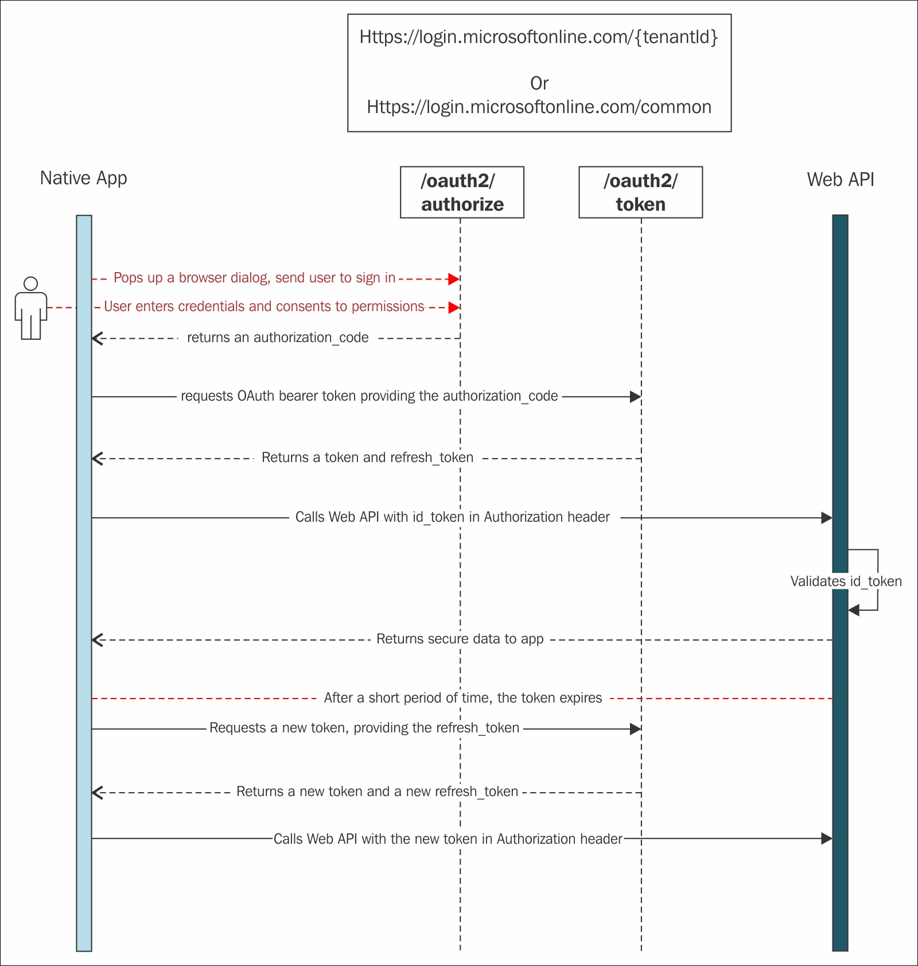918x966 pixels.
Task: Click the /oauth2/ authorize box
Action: pyautogui.click(x=462, y=192)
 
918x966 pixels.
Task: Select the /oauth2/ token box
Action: pyautogui.click(x=640, y=192)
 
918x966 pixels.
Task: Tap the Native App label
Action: pyautogui.click(x=84, y=179)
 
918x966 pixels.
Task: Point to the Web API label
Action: pyautogui.click(x=841, y=180)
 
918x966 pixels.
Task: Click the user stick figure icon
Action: pyautogui.click(x=31, y=308)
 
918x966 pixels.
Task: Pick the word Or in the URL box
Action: pyautogui.click(x=539, y=83)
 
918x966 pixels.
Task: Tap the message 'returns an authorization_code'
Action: pyautogui.click(x=278, y=337)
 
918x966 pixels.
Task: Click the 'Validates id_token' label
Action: pyautogui.click(x=846, y=581)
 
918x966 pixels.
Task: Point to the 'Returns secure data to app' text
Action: pyautogui.click(x=460, y=639)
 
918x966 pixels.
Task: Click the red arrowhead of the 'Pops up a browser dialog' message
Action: pyautogui.click(x=454, y=279)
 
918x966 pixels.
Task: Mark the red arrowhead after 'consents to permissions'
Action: pyautogui.click(x=454, y=307)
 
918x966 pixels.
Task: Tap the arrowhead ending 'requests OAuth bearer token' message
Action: pyautogui.click(x=635, y=397)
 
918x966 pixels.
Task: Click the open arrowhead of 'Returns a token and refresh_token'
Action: pyautogui.click(x=97, y=459)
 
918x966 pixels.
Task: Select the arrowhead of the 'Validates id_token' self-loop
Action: pyautogui.click(x=854, y=610)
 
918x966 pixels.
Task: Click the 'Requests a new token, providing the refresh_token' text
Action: pyautogui.click(x=364, y=728)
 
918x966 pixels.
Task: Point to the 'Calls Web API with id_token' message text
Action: pyautogui.click(x=453, y=517)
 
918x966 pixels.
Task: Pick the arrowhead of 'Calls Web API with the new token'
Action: pyautogui.click(x=827, y=839)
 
